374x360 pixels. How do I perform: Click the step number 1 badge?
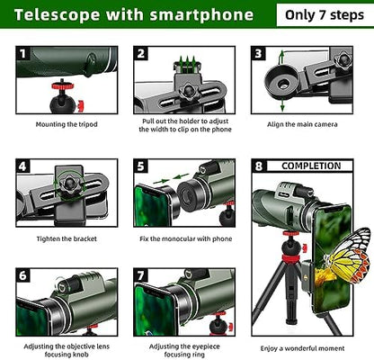23,54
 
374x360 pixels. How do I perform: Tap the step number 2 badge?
141,54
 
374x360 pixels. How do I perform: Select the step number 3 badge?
258,54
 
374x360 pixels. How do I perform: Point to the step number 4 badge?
23,166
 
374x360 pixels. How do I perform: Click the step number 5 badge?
141,166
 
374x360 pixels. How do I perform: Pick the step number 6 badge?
23,274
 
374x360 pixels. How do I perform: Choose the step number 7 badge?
141,274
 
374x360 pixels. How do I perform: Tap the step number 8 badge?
259,166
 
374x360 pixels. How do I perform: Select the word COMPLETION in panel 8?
311,166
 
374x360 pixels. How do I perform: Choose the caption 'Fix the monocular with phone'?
186,238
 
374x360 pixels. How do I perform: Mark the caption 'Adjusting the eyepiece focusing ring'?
186,350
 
